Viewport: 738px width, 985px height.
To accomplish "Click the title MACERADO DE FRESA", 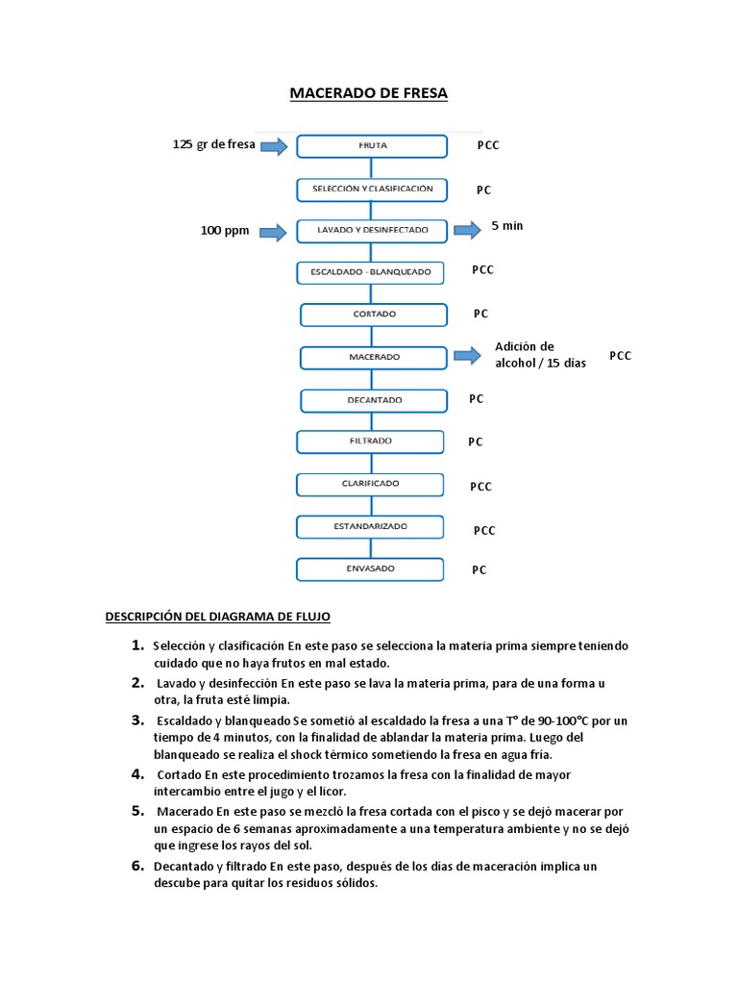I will coord(369,93).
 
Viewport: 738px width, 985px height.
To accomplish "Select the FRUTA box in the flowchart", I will coord(372,145).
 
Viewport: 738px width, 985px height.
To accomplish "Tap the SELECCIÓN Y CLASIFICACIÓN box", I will coord(372,189).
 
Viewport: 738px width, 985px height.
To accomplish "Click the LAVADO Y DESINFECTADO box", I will coord(372,231).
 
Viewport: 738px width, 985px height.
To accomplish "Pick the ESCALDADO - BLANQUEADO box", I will coord(371,272).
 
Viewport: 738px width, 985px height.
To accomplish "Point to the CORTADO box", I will coord(374,315).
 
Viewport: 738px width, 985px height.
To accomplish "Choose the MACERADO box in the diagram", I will coord(374,357).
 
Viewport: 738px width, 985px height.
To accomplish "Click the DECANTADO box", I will coord(374,400).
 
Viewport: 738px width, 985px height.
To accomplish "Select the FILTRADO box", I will coord(371,442).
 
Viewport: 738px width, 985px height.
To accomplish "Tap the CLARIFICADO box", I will coord(371,484).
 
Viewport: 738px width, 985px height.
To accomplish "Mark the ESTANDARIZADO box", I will coord(371,527).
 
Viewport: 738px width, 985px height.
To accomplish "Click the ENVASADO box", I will coord(371,569).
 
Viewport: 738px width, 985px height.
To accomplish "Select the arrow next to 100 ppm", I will coord(274,232).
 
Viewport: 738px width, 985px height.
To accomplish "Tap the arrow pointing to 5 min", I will coord(468,229).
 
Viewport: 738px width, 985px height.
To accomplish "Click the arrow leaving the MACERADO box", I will coord(468,355).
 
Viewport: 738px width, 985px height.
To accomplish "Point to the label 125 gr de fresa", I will coord(213,144).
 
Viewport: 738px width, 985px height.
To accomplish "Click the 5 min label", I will coord(506,225).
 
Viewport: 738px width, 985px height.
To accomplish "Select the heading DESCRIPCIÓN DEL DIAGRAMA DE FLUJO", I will coord(217,617).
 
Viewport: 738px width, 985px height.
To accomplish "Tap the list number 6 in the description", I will coord(138,866).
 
